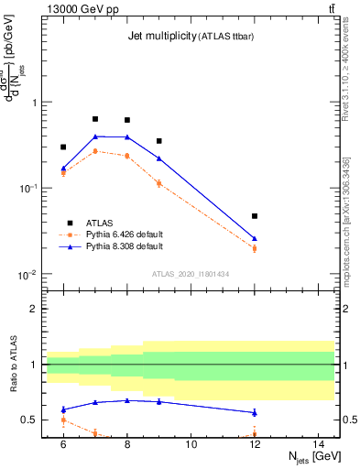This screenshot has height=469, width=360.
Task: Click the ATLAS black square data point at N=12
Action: tap(255, 216)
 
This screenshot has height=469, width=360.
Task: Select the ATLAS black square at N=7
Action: tap(95, 119)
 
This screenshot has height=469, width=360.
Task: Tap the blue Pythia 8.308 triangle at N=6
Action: tap(63, 169)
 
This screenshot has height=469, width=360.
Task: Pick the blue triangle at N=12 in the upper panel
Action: tap(255, 238)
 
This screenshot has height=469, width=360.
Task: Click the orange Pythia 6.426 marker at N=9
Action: tap(159, 183)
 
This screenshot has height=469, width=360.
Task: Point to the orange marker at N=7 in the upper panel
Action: tap(95, 151)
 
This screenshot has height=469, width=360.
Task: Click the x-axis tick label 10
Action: tap(191, 444)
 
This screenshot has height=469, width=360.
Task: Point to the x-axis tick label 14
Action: tap(319, 444)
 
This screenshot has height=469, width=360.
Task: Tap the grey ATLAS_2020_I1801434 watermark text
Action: tap(191, 275)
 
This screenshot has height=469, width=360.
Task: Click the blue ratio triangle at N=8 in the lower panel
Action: tap(127, 400)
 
